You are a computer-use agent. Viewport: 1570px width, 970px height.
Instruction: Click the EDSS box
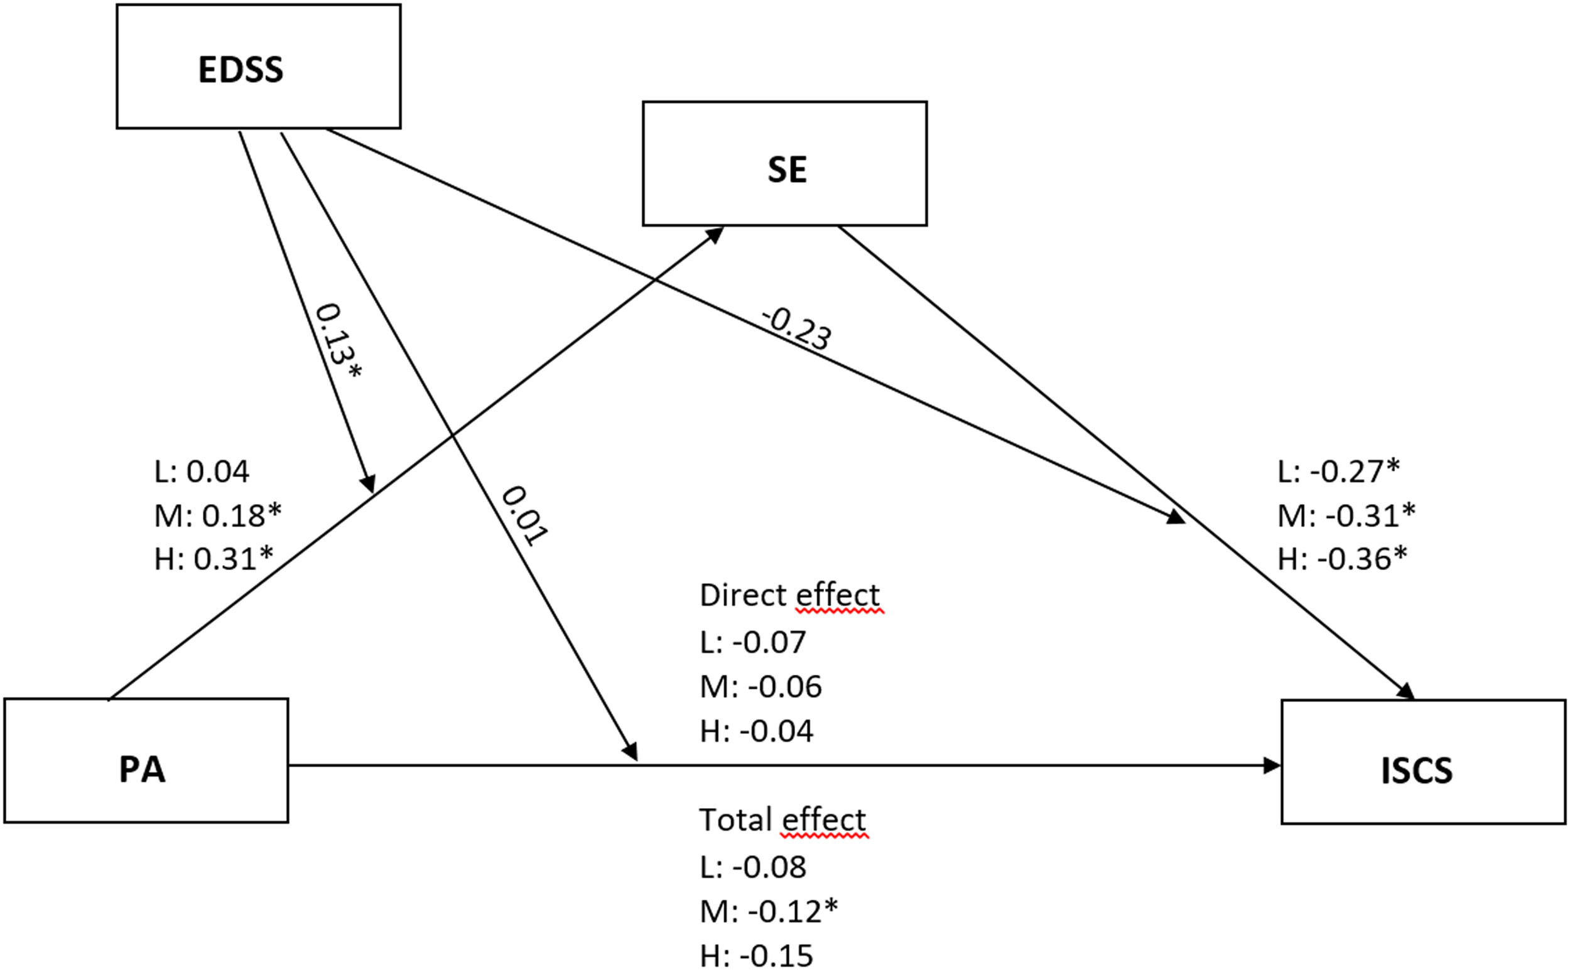(258, 67)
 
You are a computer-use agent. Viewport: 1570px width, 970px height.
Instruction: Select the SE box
(784, 164)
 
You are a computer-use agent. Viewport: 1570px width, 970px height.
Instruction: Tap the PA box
(146, 760)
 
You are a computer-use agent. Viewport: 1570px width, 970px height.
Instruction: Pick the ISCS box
(1423, 762)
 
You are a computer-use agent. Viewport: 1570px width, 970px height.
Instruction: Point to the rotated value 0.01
(524, 515)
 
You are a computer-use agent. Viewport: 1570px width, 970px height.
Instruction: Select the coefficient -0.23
(796, 329)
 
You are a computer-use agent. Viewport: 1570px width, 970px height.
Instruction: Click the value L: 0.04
(202, 472)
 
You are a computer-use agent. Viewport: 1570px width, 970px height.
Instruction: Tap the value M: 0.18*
(217, 515)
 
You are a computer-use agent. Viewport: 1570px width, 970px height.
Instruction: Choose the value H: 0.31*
(214, 559)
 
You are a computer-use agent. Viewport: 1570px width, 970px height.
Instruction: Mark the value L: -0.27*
(1338, 472)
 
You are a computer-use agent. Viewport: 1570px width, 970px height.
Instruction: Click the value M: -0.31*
(1346, 515)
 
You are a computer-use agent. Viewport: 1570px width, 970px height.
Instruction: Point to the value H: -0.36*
(1342, 559)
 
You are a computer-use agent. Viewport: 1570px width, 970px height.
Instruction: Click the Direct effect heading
(789, 595)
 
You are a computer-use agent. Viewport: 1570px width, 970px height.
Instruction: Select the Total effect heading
(782, 820)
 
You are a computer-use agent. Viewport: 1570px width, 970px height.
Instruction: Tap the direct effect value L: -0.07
(752, 642)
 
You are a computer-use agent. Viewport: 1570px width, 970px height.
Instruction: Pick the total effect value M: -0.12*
(769, 911)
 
